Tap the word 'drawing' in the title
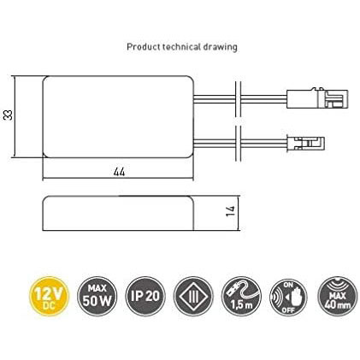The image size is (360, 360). click(220, 47)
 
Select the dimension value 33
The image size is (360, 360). click(9, 115)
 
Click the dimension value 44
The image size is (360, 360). click(119, 172)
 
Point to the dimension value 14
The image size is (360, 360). click(231, 210)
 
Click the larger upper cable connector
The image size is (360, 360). click(317, 98)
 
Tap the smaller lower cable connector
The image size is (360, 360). click(306, 144)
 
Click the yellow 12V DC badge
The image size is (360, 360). click(50, 296)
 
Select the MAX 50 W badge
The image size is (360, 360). click(97, 296)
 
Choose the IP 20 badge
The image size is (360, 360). click(145, 296)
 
